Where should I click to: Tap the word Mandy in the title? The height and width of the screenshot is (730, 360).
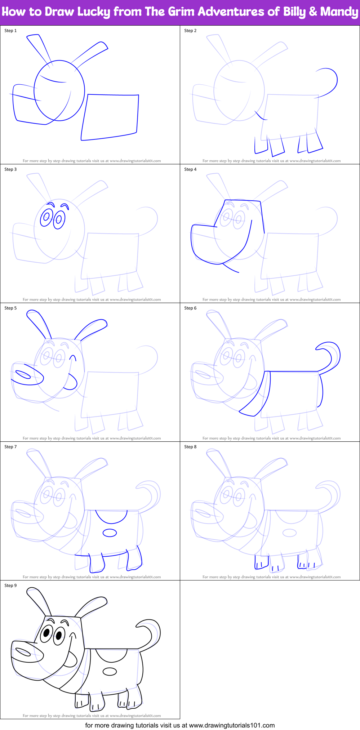[339, 12]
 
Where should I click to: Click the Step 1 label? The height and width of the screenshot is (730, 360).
[10, 31]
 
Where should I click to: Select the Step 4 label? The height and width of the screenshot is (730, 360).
[190, 169]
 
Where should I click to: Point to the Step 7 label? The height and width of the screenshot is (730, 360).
[10, 447]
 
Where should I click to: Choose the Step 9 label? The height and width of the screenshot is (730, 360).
[10, 586]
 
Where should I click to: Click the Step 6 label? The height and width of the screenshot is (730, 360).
[190, 308]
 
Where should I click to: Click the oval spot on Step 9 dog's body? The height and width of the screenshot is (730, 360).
[110, 671]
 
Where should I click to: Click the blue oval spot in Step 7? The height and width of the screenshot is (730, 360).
[110, 533]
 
